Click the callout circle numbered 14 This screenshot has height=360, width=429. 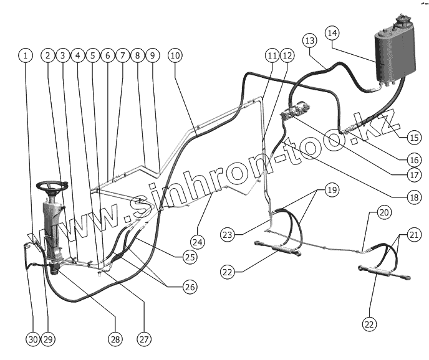pos(332,32)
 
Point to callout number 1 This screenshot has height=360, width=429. pos(25,55)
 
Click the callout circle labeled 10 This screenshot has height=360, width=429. pos(175,55)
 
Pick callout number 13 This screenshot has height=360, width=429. pos(310,40)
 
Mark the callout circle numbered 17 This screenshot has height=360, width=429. pos(414,175)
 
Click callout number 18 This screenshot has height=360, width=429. pos(414,197)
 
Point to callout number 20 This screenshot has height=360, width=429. pos(383,212)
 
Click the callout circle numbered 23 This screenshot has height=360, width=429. pos(228,234)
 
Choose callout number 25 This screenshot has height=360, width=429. pos(190,257)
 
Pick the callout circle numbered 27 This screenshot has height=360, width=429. pos(144,339)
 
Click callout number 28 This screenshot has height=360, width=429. pos(114,339)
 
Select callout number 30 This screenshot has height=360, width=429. pos(33,339)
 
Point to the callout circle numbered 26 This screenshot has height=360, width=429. pos(190,287)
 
